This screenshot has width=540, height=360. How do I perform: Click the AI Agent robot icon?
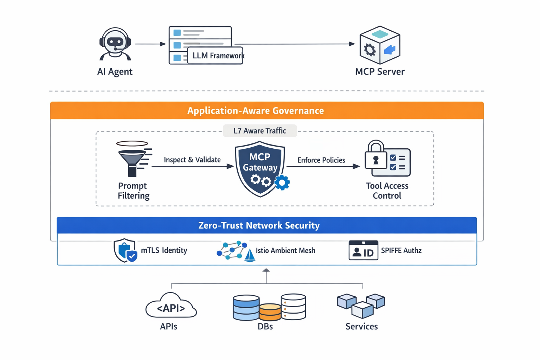(x=115, y=44)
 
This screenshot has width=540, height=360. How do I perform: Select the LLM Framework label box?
(x=216, y=56)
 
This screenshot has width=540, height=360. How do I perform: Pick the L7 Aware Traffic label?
(x=260, y=131)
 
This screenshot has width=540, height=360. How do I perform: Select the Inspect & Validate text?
(x=192, y=160)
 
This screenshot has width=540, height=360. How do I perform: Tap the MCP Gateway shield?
(x=260, y=168)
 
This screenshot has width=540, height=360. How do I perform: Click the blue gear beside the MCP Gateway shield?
(x=282, y=183)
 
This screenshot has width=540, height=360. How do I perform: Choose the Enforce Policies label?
(x=321, y=160)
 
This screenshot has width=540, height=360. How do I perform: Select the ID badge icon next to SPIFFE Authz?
(x=363, y=250)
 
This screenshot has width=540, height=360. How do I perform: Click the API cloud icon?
(x=171, y=306)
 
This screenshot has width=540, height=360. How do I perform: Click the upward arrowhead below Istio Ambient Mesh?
(x=266, y=271)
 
